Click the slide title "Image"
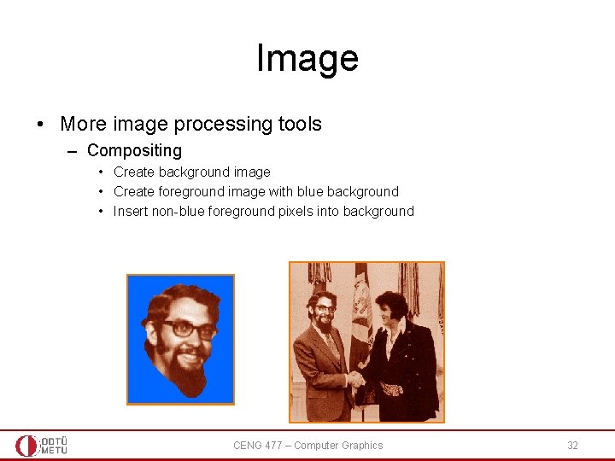pyautogui.click(x=307, y=59)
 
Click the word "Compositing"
pyautogui.click(x=134, y=151)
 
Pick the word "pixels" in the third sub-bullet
pyautogui.click(x=297, y=212)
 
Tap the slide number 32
pyautogui.click(x=572, y=446)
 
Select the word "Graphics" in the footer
pyautogui.click(x=362, y=446)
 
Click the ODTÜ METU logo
pyautogui.click(x=41, y=446)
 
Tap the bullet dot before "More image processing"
pyautogui.click(x=41, y=125)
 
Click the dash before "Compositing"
pyautogui.click(x=72, y=151)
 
